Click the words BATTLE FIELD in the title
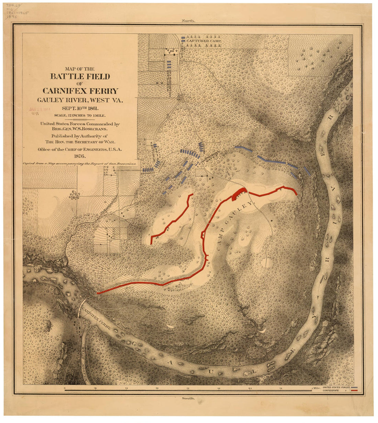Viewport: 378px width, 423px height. (x=80, y=76)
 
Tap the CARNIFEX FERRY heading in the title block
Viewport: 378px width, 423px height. (x=80, y=91)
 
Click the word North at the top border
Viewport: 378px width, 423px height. (x=188, y=21)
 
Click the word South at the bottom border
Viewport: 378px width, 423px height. (x=188, y=398)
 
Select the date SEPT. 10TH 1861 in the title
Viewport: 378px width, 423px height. (x=80, y=108)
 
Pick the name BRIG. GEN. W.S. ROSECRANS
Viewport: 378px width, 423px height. (x=80, y=129)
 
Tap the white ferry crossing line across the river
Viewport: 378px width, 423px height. (x=81, y=307)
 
